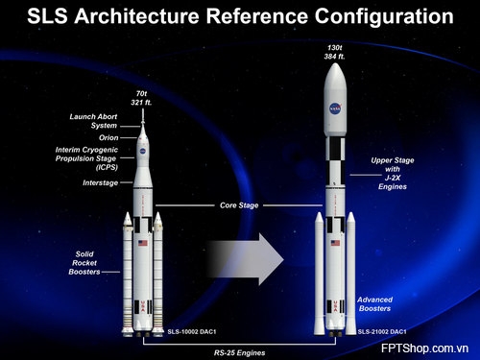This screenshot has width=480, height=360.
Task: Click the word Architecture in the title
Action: tap(138, 16)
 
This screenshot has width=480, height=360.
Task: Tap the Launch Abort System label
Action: tap(93, 121)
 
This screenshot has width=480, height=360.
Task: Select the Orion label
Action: tap(108, 137)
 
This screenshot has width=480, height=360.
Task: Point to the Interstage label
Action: tap(100, 182)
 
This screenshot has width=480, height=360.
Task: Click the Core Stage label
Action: tap(239, 205)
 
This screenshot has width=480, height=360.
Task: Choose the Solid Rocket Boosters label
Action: tap(84, 263)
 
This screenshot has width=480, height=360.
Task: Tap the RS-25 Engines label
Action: tap(239, 352)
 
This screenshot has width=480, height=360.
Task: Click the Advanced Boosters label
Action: tap(374, 304)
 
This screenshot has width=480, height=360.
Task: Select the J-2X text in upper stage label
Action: tap(393, 178)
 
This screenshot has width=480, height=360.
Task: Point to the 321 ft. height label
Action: tap(141, 103)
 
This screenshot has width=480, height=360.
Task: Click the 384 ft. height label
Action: tap(334, 57)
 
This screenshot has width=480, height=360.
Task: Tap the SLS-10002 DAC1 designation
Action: tap(192, 331)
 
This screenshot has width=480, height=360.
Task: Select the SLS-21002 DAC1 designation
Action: tap(382, 331)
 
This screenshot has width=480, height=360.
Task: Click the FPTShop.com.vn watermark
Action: tap(424, 348)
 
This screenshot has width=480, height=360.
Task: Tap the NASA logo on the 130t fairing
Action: tap(335, 108)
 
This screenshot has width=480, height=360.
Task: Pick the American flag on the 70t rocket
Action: tap(143, 243)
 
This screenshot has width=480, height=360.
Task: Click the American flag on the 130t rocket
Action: tap(335, 243)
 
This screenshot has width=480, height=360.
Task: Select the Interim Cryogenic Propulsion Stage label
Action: tap(86, 158)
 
